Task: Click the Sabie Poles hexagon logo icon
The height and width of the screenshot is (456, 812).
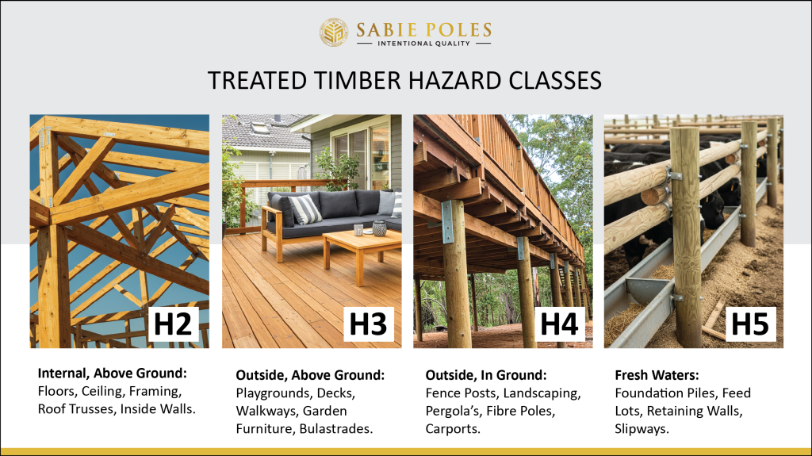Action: coord(334,33)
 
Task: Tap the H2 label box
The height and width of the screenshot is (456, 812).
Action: coord(173,324)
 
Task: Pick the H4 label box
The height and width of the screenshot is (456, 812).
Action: coord(561,324)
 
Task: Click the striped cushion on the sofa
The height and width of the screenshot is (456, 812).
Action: coord(304,209)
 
